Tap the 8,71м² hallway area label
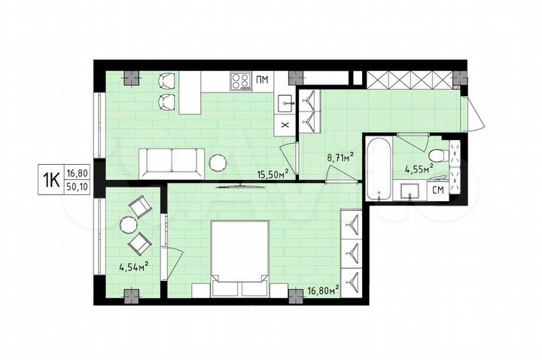pyautogui.click(x=340, y=158)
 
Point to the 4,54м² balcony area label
pyautogui.click(x=133, y=265)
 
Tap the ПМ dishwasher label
pyautogui.click(x=262, y=79)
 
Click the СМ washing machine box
pyautogui.click(x=437, y=190)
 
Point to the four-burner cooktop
pyautogui.click(x=241, y=79)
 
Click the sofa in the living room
pyautogui.click(x=171, y=160)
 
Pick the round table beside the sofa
pyautogui.click(x=218, y=161)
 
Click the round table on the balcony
pyautogui.click(x=127, y=224)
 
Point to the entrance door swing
pyautogui.click(x=473, y=113)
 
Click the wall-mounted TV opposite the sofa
pyautogui.click(x=233, y=185)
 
